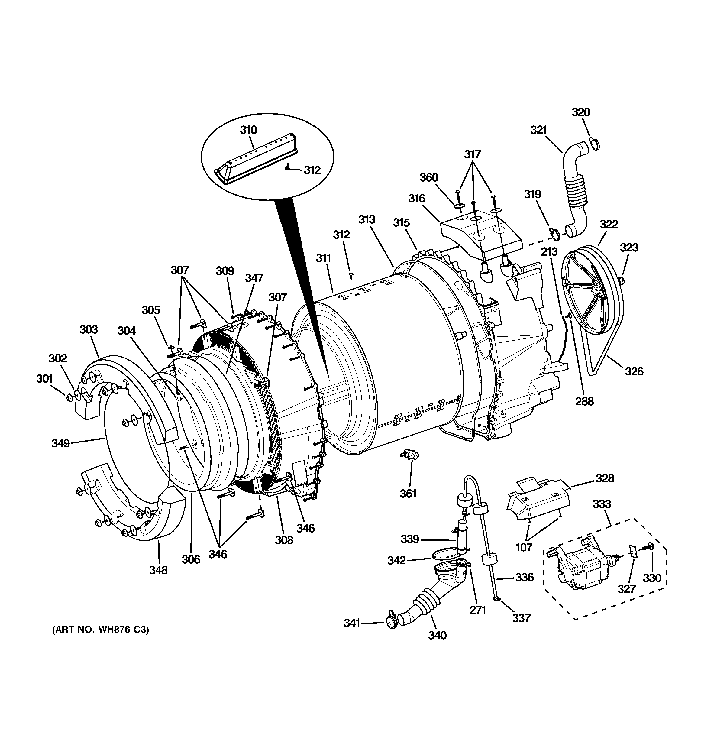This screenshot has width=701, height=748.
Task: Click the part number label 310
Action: click(x=248, y=130)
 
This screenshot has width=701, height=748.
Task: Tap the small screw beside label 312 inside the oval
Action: click(x=287, y=167)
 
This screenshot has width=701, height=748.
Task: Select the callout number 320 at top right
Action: click(x=581, y=112)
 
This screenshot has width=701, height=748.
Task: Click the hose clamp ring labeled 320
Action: click(x=594, y=143)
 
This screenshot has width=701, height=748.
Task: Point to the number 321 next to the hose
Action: click(x=538, y=130)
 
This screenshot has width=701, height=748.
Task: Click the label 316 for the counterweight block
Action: click(x=417, y=198)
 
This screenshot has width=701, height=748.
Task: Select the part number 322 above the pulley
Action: click(x=609, y=224)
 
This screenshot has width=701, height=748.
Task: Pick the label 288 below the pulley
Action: click(x=584, y=401)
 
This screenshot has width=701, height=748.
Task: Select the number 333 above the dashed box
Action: click(x=602, y=504)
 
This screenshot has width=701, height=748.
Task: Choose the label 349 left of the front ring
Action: click(x=60, y=444)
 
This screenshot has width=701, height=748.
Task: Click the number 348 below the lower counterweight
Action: click(x=158, y=570)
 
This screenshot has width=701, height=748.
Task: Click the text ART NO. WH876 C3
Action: click(x=100, y=630)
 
